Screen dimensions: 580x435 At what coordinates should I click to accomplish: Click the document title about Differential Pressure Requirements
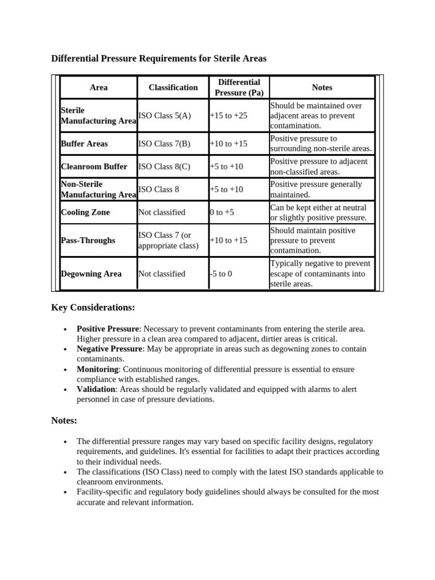pyautogui.click(x=159, y=58)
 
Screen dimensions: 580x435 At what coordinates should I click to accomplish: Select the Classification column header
pyautogui.click(x=173, y=87)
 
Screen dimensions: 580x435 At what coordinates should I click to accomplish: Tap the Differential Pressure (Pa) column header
pyautogui.click(x=239, y=87)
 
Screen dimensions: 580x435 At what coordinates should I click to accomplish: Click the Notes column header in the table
pyautogui.click(x=322, y=87)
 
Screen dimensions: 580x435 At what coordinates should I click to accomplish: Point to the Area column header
pyautogui.click(x=99, y=87)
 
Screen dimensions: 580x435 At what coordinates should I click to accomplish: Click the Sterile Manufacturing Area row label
pyautogui.click(x=98, y=116)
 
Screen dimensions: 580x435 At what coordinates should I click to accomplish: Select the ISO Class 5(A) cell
pyautogui.click(x=165, y=116)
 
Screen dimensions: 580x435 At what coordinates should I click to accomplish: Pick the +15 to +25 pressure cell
pyautogui.click(x=228, y=116)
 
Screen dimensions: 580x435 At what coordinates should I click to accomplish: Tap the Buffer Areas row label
pyautogui.click(x=84, y=144)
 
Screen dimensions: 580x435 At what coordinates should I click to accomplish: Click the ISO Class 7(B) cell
pyautogui.click(x=164, y=144)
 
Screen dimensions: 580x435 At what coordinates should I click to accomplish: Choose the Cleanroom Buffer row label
pyautogui.click(x=94, y=167)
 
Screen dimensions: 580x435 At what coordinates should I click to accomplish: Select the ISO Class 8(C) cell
pyautogui.click(x=164, y=167)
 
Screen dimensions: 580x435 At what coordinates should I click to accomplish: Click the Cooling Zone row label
pyautogui.click(x=85, y=212)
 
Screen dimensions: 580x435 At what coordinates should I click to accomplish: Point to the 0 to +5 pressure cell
pyautogui.click(x=221, y=212)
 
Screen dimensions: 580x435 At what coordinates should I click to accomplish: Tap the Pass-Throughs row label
pyautogui.click(x=88, y=240)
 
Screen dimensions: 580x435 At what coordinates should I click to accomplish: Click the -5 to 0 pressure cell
pyautogui.click(x=221, y=274)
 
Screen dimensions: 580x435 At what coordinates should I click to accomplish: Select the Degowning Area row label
pyautogui.click(x=91, y=274)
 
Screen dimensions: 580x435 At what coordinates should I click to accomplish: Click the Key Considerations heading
pyautogui.click(x=93, y=307)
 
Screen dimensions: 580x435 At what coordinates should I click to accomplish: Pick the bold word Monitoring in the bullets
pyautogui.click(x=97, y=369)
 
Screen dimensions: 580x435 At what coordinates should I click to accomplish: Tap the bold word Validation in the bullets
pyautogui.click(x=96, y=390)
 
